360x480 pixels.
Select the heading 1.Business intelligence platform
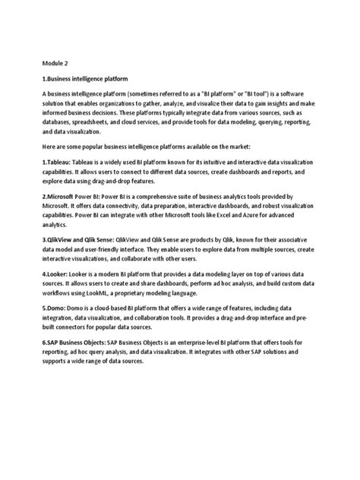click(84, 79)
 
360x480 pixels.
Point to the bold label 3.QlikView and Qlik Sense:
click(83, 238)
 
